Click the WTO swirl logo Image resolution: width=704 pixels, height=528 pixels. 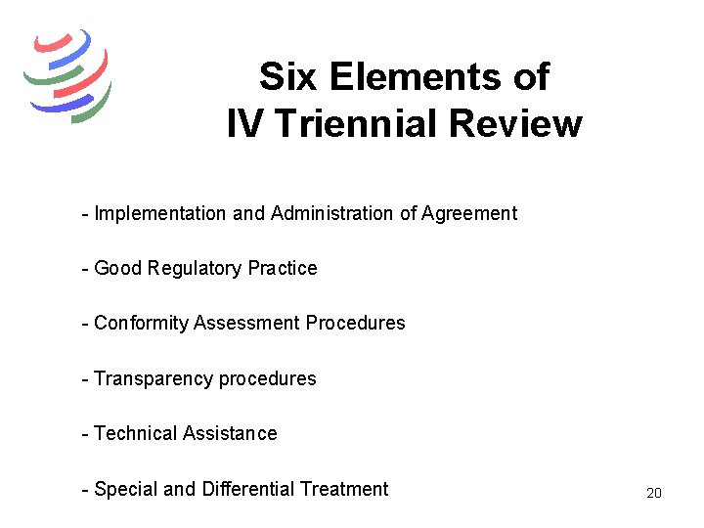click(67, 74)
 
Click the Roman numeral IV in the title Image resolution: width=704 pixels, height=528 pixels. click(242, 124)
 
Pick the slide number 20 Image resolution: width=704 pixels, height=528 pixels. click(654, 493)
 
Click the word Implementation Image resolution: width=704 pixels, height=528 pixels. click(160, 213)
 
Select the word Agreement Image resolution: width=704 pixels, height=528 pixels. click(468, 213)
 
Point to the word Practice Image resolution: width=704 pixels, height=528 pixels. click(283, 268)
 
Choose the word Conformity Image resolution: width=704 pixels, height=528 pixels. click(142, 323)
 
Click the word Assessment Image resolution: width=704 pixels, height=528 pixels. click(246, 323)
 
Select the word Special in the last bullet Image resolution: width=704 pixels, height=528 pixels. click(124, 489)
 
